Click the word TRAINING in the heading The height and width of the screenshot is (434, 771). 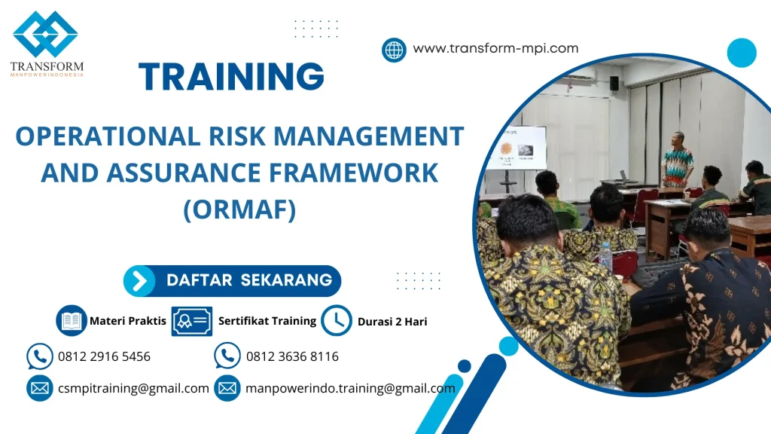click(232, 77)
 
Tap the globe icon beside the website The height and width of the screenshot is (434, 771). click(394, 50)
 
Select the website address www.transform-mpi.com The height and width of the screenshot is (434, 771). click(495, 49)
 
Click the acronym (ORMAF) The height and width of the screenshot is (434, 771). click(239, 209)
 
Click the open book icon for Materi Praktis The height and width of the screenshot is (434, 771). click(72, 321)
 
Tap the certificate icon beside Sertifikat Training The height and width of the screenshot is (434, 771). click(191, 321)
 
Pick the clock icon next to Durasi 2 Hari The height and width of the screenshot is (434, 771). click(336, 321)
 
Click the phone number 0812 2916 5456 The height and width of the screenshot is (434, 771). click(104, 356)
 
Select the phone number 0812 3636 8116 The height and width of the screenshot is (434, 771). click(292, 356)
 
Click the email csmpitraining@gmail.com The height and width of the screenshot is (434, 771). click(133, 389)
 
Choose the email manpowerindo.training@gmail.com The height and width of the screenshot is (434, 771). click(350, 389)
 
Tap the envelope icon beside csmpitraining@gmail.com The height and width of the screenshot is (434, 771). click(39, 389)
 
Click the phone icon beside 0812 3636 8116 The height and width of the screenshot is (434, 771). click(227, 356)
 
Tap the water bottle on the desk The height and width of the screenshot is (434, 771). click(605, 256)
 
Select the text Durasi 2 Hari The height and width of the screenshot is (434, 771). click(392, 322)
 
